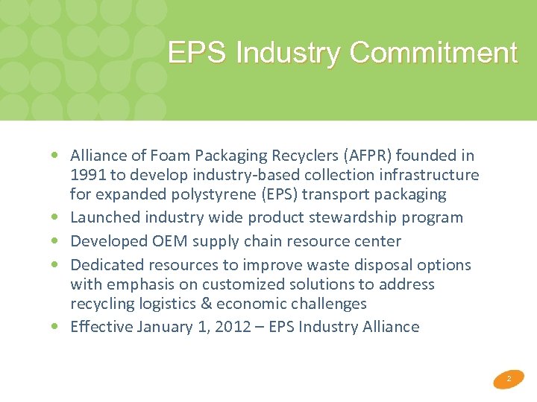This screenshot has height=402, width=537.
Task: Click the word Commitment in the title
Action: pos(433,54)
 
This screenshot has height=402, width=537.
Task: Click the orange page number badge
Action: pos(509,380)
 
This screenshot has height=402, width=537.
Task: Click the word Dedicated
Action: pos(107,265)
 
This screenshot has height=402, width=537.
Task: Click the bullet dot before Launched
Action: pos(57,218)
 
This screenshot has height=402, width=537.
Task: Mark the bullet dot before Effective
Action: pos(57,327)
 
